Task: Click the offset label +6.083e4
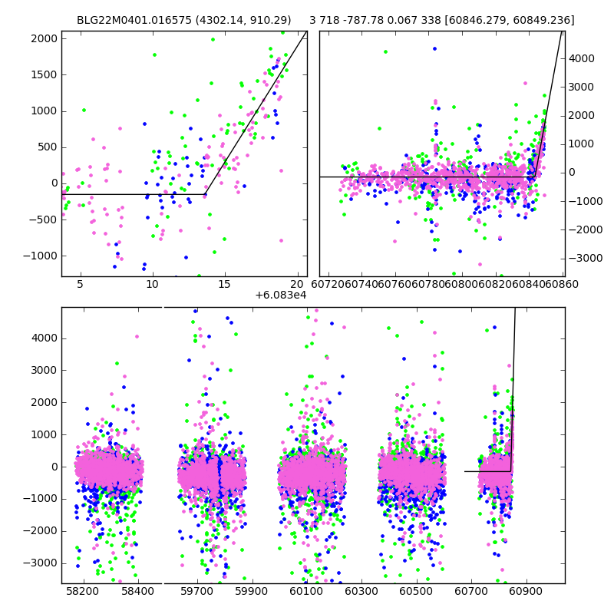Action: (280, 294)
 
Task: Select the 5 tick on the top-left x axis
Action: (80, 285)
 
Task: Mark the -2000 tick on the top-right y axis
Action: (584, 229)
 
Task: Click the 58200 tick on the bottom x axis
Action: (83, 592)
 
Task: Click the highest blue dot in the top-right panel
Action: (434, 48)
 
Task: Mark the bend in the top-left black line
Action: (205, 194)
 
